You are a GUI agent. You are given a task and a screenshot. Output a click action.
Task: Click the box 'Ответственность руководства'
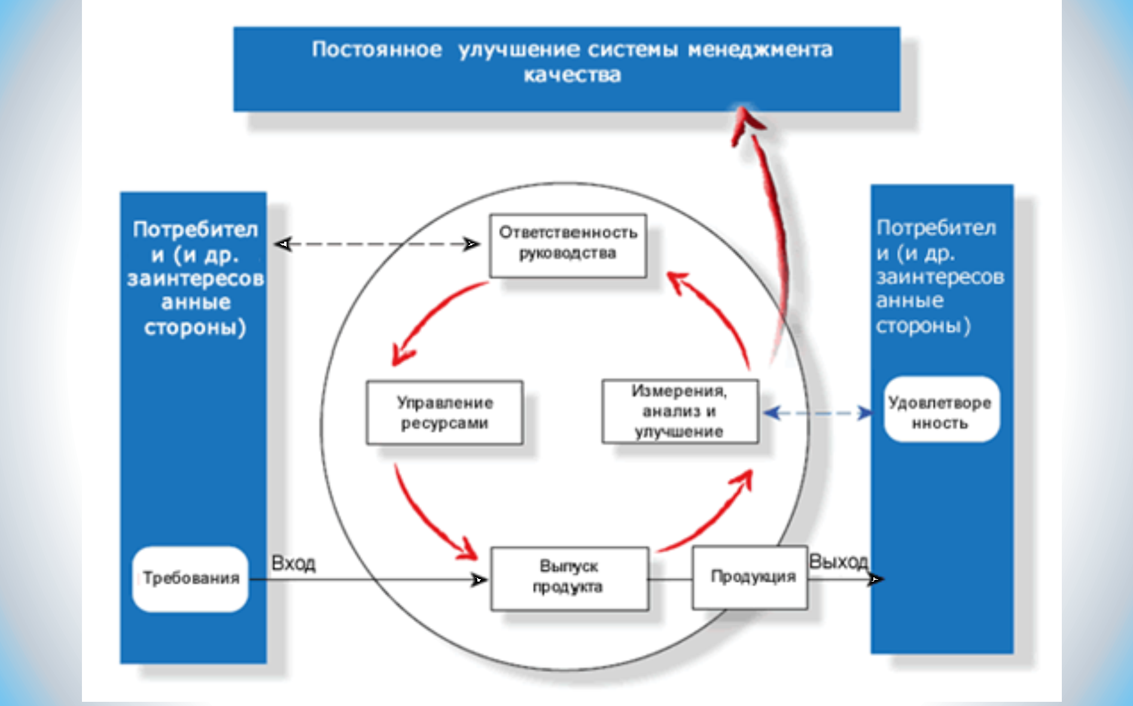568,246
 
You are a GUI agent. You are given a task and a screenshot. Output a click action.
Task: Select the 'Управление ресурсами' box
444,413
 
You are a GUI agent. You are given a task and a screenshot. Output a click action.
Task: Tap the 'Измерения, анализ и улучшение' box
680,412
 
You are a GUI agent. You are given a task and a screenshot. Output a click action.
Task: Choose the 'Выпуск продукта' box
569,579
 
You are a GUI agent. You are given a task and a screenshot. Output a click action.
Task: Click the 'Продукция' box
750,577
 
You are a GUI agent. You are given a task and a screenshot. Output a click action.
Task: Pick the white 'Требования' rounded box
190,579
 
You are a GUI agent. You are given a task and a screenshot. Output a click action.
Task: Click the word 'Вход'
293,563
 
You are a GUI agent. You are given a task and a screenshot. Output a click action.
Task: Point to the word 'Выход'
838,561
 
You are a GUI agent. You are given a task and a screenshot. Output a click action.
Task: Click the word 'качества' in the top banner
572,75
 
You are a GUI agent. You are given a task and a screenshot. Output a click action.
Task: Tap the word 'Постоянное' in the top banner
377,49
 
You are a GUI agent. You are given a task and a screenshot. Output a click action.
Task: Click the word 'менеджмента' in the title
760,49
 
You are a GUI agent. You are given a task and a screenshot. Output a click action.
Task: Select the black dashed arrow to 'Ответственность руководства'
377,244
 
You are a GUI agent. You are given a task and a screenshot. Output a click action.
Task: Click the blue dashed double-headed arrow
818,413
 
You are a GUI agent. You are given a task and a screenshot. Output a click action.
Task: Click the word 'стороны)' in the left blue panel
195,328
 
